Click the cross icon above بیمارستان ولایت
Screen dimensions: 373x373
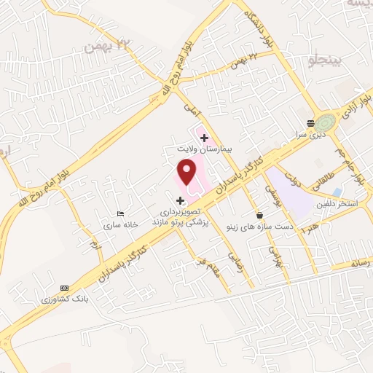point(204,136)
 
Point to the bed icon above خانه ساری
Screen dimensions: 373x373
point(120,214)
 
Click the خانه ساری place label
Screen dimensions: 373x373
point(120,225)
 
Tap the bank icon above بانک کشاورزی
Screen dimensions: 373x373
point(64,288)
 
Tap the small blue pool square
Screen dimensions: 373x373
point(337,192)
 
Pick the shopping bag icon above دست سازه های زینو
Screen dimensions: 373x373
point(260,216)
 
